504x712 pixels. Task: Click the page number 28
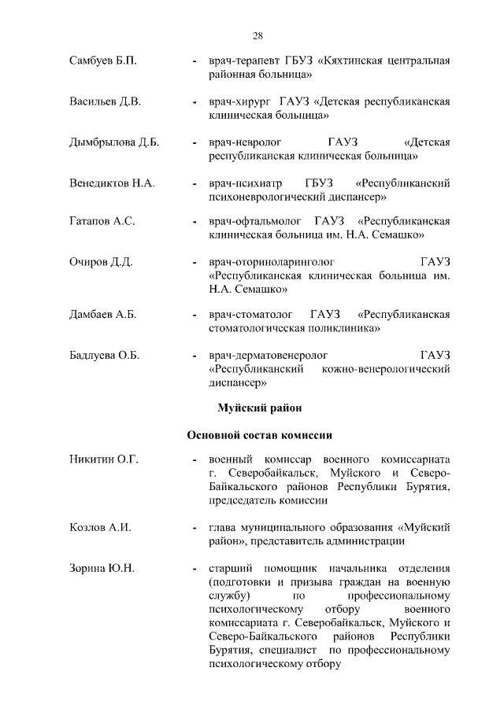coord(258,35)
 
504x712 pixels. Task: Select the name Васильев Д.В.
coord(106,101)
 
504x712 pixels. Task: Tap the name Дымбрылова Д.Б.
coord(114,142)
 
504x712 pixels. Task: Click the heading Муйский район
coord(258,408)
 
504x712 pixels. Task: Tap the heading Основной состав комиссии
coord(259,434)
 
